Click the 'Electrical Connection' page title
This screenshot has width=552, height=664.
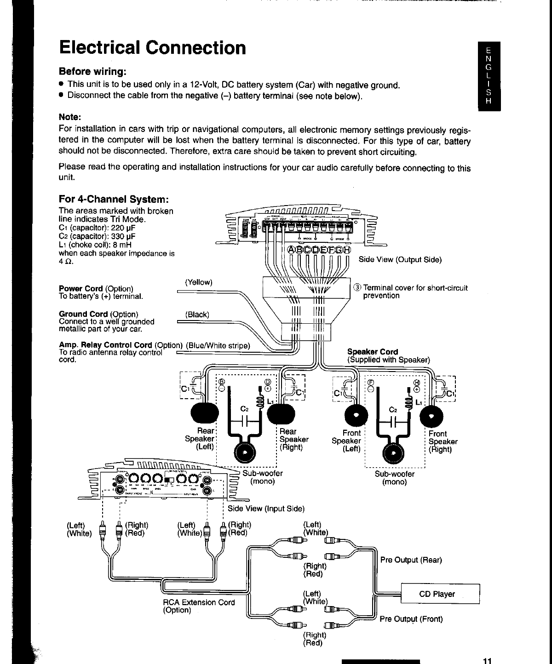pyautogui.click(x=152, y=48)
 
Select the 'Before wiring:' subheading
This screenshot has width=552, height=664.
pyautogui.click(x=92, y=72)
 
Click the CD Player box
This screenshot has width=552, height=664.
pyautogui.click(x=437, y=594)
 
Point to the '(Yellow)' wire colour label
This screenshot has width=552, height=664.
pyautogui.click(x=198, y=282)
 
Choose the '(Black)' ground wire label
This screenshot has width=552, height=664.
pyautogui.click(x=197, y=315)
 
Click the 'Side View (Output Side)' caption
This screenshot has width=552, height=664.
pyautogui.click(x=400, y=260)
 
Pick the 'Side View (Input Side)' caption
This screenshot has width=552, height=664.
pyautogui.click(x=266, y=509)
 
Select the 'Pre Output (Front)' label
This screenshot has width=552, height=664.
pyautogui.click(x=411, y=619)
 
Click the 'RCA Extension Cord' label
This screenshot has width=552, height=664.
pyautogui.click(x=199, y=602)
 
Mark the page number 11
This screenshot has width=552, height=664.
pyautogui.click(x=487, y=661)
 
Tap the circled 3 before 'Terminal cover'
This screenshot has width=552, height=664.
pyautogui.click(x=357, y=288)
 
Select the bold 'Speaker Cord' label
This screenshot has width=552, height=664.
pyautogui.click(x=373, y=352)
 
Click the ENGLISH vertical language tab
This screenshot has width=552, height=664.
pyautogui.click(x=489, y=76)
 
